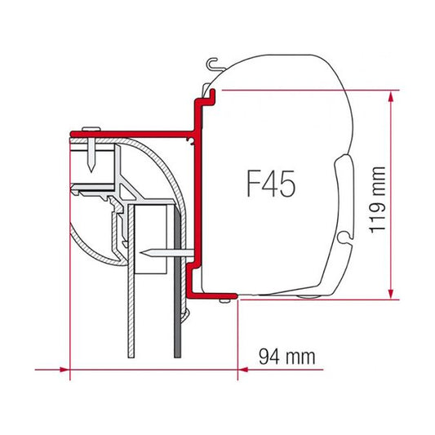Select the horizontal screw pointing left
pos(155,253)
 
